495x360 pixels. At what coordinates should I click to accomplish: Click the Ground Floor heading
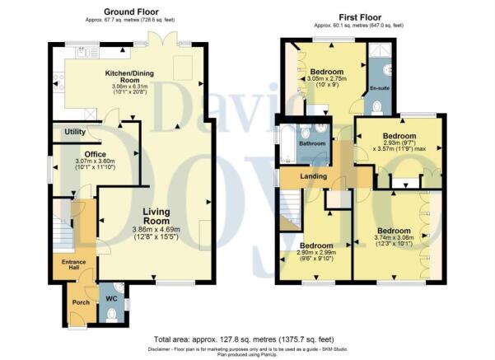tap(131, 12)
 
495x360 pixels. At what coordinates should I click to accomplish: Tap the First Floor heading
tap(360, 17)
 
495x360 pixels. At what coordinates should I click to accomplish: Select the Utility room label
tap(75, 132)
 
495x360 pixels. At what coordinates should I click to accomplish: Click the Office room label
tap(96, 154)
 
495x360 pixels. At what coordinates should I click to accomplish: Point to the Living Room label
tap(156, 217)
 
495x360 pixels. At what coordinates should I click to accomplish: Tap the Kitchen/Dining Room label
tap(129, 77)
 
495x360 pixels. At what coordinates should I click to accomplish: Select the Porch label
tap(81, 302)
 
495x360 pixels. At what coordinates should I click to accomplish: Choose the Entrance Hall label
tap(73, 264)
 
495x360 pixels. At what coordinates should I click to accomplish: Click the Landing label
tap(313, 176)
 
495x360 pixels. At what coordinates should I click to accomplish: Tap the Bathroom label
tap(312, 143)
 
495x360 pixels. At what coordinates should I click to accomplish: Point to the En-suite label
tap(380, 88)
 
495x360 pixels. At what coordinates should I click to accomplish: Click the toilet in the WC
tap(111, 316)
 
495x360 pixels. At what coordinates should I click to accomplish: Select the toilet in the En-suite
tap(377, 108)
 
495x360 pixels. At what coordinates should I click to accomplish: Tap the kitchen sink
tap(82, 52)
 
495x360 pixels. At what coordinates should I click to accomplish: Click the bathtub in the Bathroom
tap(287, 143)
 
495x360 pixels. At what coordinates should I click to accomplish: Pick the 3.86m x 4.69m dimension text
tap(156, 230)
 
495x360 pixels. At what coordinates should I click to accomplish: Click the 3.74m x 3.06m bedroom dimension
tap(394, 237)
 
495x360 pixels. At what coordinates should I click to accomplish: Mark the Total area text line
tap(244, 339)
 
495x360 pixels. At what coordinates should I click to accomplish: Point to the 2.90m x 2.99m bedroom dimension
tap(316, 253)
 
